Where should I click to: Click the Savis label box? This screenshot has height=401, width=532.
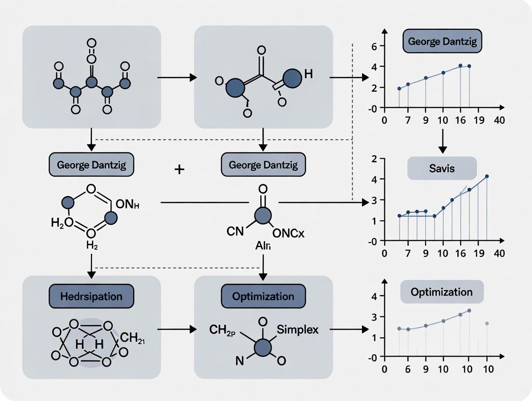tap(442, 169)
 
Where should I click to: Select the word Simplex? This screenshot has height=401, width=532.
tap(295, 330)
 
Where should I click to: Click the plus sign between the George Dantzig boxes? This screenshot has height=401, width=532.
tap(179, 170)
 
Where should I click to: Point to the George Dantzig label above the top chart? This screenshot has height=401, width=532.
tap(442, 41)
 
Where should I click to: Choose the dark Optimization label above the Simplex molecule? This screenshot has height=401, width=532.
tap(263, 296)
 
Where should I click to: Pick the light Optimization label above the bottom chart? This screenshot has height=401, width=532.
tap(441, 292)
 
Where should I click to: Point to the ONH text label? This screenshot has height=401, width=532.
tap(128, 205)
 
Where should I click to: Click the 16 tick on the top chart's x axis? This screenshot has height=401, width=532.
tap(460, 120)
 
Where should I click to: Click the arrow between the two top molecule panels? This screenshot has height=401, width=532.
tap(177, 77)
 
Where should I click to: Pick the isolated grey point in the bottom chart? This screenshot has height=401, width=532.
tap(487, 323)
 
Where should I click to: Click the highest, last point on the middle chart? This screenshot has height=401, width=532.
tap(487, 176)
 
